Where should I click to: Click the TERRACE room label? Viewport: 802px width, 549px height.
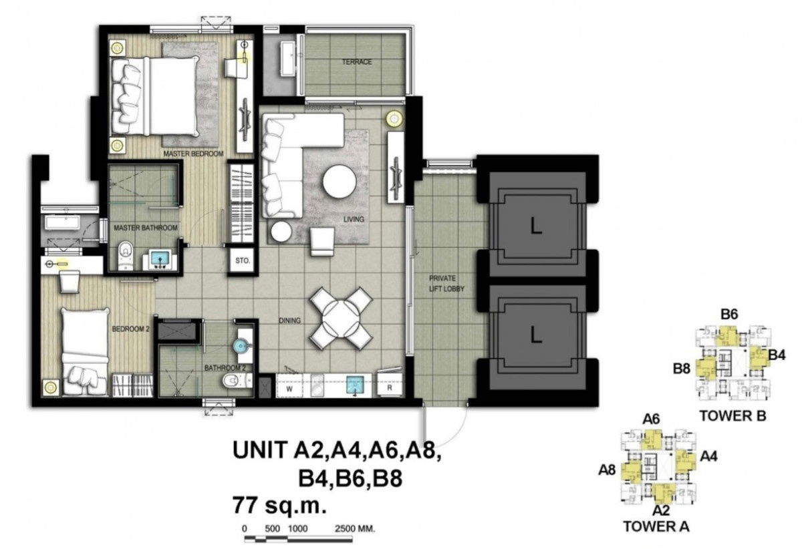(x=357, y=62)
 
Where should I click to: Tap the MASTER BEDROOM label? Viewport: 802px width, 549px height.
(x=193, y=154)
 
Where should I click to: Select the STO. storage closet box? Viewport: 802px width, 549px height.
(x=240, y=262)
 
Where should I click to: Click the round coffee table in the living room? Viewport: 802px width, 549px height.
(x=340, y=181)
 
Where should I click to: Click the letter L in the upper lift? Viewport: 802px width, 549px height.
(x=535, y=227)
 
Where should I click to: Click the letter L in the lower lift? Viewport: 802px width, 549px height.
(x=535, y=336)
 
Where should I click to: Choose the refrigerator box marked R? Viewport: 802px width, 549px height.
(x=389, y=386)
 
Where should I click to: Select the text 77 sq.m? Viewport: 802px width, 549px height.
(x=279, y=504)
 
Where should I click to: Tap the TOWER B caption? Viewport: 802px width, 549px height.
(x=732, y=416)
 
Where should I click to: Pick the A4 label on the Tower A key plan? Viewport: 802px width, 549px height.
(x=709, y=457)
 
